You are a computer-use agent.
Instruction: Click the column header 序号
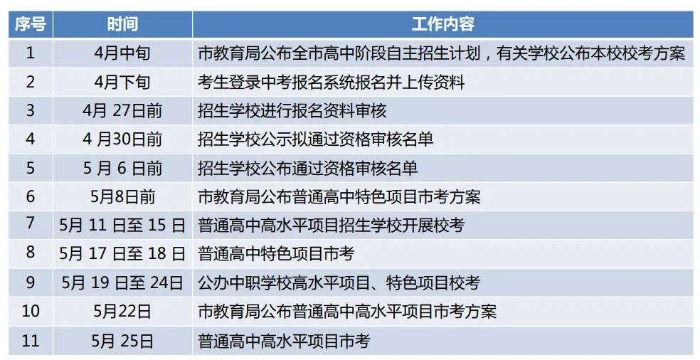coord(30,25)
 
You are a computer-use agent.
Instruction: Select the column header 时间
coord(122,25)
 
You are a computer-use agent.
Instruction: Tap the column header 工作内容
coord(442,25)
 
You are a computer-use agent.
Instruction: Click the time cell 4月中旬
coord(122,53)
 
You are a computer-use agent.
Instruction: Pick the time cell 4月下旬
coord(122,83)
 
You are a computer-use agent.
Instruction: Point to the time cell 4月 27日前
coord(122,111)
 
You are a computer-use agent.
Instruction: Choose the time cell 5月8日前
coord(122,196)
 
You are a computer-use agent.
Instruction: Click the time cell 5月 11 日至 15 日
coord(122,226)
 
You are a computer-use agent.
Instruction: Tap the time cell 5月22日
coord(122,312)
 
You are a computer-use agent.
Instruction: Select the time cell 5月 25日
coord(122,341)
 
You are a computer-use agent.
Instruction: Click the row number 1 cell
coord(30,53)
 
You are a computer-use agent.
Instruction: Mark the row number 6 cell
coord(30,196)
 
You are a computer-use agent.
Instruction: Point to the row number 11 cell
coord(30,341)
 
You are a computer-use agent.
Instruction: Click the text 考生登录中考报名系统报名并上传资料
coord(331,83)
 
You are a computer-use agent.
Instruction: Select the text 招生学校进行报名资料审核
coord(292,111)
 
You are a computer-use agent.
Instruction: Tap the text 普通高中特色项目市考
coord(276,254)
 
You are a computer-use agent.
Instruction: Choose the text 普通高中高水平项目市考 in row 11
coord(284,341)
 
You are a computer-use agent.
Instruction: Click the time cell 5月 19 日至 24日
coord(122,283)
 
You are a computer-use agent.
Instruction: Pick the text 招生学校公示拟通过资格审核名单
coord(315,139)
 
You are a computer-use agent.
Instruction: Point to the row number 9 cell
coord(30,283)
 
